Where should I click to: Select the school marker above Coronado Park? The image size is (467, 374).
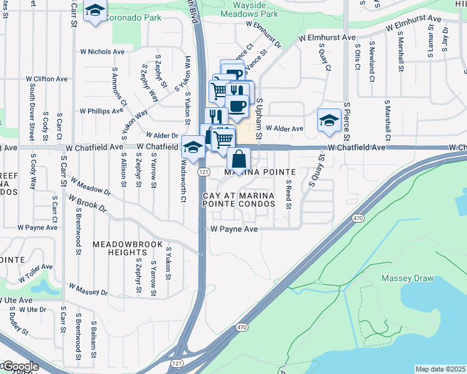(x=95, y=11)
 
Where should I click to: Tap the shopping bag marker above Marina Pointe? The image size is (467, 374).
(x=238, y=159)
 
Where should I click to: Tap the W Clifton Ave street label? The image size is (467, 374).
(x=47, y=79)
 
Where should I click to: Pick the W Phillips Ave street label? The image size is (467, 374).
(x=102, y=111)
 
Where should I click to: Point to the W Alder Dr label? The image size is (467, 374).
(x=162, y=135)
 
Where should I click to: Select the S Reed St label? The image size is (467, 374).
(x=288, y=193)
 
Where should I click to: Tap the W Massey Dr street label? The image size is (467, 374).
(x=88, y=290)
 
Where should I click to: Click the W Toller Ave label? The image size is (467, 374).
(x=36, y=271)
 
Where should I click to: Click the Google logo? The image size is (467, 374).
(x=21, y=367)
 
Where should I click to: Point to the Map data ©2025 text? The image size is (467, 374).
(x=440, y=369)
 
